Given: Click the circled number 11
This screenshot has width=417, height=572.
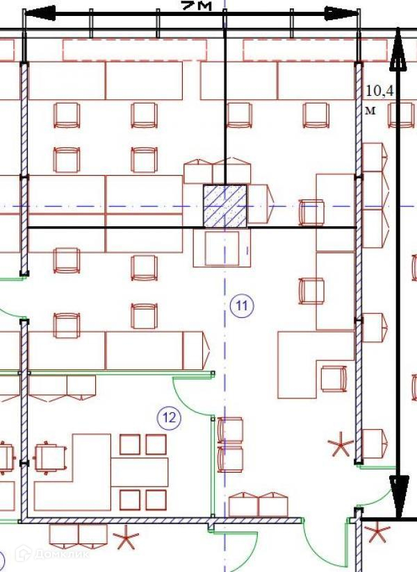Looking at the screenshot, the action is [242, 305].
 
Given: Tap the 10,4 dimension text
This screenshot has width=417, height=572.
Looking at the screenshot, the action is [379, 91].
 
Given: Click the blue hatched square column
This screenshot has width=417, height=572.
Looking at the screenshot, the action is [224, 205].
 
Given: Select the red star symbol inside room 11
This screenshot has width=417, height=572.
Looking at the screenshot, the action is [341, 444].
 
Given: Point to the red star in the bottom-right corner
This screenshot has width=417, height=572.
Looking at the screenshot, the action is [377, 533].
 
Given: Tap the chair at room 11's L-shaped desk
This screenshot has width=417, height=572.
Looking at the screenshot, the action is [334, 379].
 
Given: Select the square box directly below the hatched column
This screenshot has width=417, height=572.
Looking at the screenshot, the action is [222, 248].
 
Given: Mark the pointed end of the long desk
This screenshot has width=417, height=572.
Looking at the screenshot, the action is [204, 351].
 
